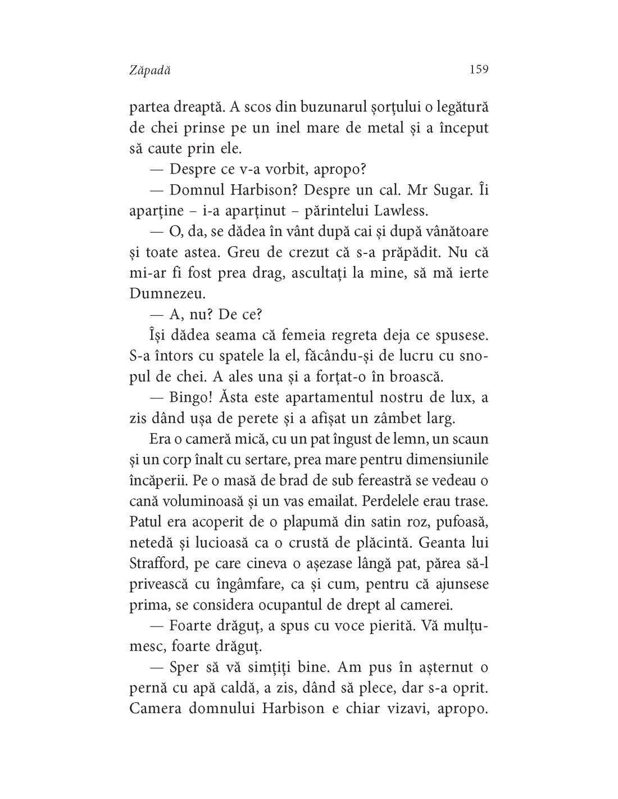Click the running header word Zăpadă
149,70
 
